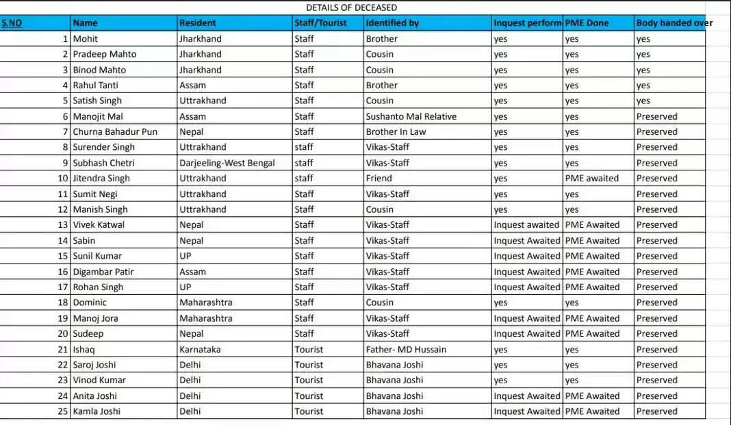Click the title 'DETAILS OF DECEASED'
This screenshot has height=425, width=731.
point(351,8)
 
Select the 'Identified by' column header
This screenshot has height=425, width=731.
point(392,23)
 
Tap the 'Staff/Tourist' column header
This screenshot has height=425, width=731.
point(320,23)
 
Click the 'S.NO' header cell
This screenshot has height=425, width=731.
point(12,23)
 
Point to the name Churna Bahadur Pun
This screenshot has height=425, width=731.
point(115,131)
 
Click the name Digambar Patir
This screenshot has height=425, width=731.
point(103,272)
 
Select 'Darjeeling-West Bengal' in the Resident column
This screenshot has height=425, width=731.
point(227,163)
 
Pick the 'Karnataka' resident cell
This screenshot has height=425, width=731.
point(200,349)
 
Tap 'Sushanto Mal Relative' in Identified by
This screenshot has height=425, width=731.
point(411,116)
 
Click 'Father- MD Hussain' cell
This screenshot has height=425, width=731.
point(406,349)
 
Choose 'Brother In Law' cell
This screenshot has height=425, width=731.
point(396,131)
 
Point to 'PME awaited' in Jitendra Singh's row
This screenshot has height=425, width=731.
point(591,178)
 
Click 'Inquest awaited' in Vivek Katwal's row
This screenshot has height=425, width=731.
point(526,224)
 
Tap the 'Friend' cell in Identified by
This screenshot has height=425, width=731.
point(379,178)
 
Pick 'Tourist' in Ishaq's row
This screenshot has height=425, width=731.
point(309,349)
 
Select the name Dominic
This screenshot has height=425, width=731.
point(90,302)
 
